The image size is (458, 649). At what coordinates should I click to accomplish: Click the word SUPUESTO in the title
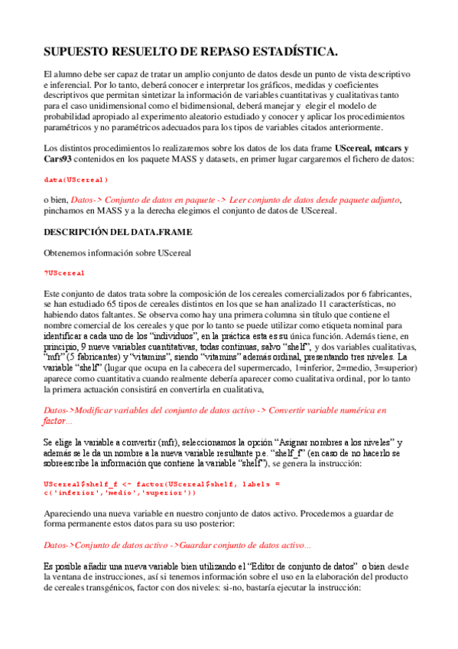coord(74,51)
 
